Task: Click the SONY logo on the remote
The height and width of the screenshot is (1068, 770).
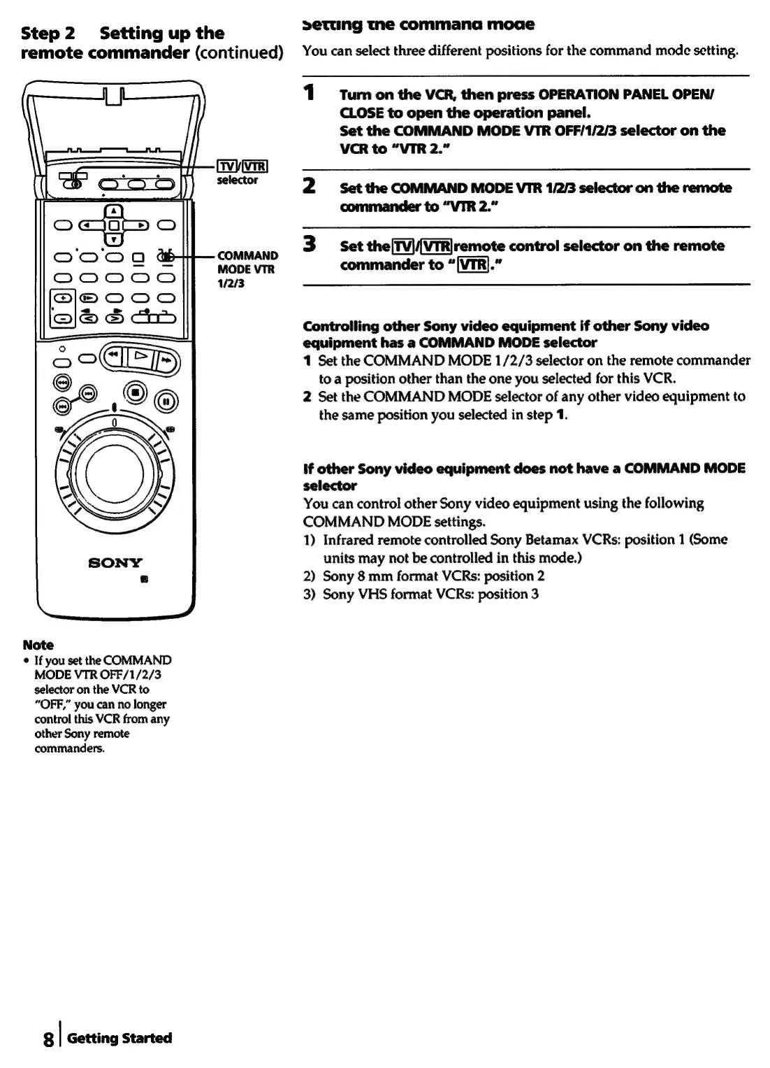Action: tap(115, 562)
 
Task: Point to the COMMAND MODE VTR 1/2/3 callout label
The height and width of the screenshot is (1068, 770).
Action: tap(247, 269)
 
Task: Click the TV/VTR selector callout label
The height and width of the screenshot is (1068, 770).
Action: tap(238, 173)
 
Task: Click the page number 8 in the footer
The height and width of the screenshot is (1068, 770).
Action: tap(48, 1039)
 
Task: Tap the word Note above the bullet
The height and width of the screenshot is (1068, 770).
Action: tap(38, 645)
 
